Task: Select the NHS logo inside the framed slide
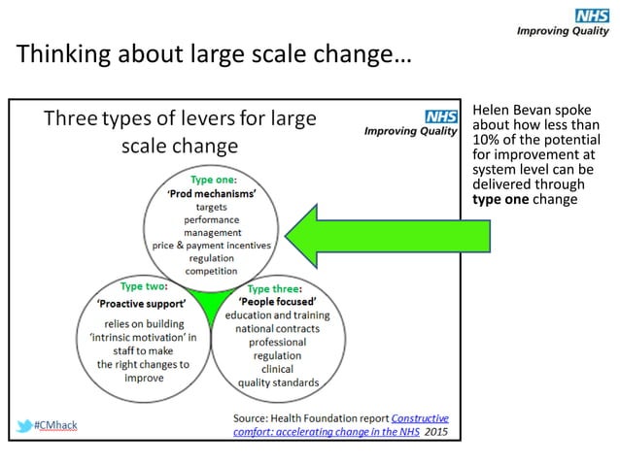439,116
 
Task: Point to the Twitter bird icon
23,426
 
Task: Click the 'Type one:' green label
214,180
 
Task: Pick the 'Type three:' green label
276,289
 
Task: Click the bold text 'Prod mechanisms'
214,193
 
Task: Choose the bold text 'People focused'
277,302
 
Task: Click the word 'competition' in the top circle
212,272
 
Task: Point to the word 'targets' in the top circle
212,207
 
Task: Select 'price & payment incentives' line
212,246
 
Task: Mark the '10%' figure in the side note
484,139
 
